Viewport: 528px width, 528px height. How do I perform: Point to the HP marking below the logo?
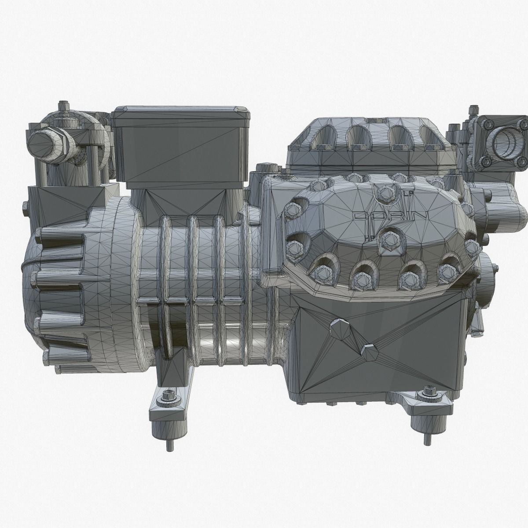click(371, 238)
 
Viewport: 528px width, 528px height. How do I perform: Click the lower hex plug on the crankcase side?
click(369, 351)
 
